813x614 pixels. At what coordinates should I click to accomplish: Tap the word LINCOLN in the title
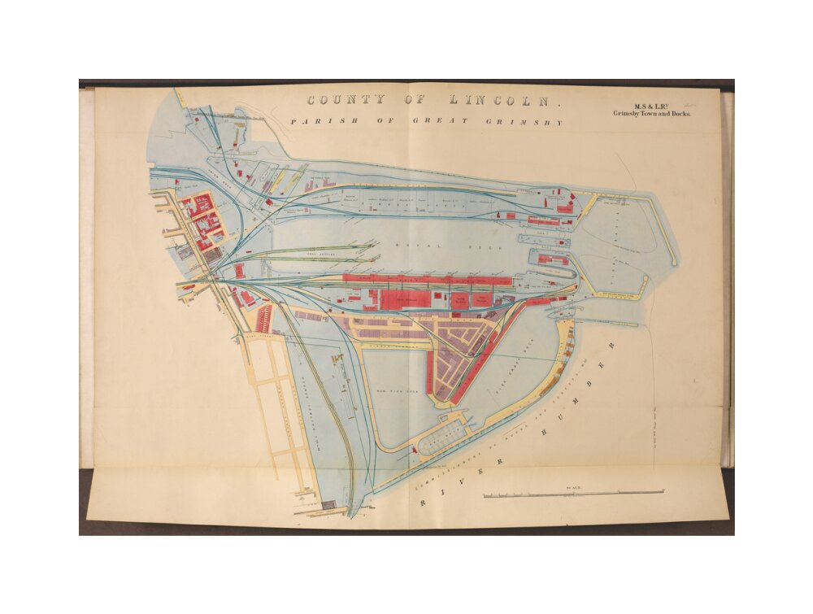point(493,102)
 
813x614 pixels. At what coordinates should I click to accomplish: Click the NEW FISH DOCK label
point(398,392)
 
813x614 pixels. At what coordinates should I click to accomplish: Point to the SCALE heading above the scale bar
point(573,487)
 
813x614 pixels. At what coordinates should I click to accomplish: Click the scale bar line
point(573,494)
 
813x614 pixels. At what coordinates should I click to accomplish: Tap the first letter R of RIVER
point(424,504)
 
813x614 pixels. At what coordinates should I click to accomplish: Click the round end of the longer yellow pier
point(674,262)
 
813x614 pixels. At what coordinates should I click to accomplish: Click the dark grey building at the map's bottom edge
point(328,505)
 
